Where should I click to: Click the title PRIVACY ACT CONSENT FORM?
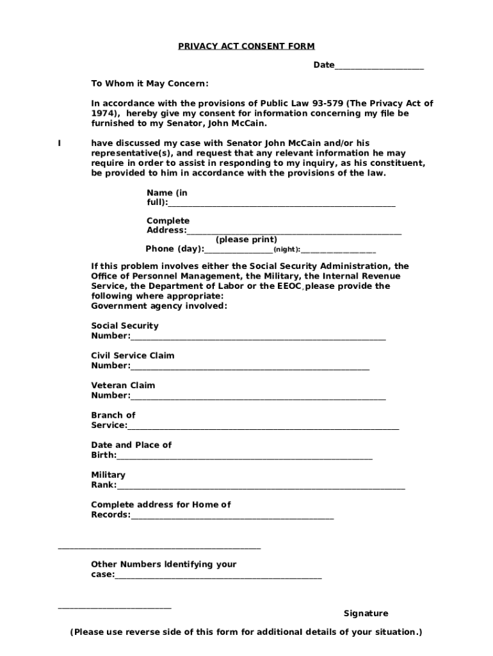[x=246, y=46]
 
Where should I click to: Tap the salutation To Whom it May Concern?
[x=149, y=84]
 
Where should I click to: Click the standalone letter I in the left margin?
[x=60, y=143]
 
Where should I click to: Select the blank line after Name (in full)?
[x=282, y=204]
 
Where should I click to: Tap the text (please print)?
[x=246, y=240]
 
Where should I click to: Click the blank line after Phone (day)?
[x=239, y=250]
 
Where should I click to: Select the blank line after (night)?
[x=338, y=251]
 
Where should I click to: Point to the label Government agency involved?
[x=159, y=306]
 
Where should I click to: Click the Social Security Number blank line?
[x=258, y=338]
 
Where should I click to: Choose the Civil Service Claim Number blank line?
[x=250, y=367]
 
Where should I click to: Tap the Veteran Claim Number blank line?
[x=258, y=397]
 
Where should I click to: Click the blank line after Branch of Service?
[x=263, y=427]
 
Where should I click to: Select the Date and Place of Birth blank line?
[x=245, y=457]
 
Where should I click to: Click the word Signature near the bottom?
[x=366, y=613]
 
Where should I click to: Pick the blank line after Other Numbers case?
[x=218, y=577]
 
